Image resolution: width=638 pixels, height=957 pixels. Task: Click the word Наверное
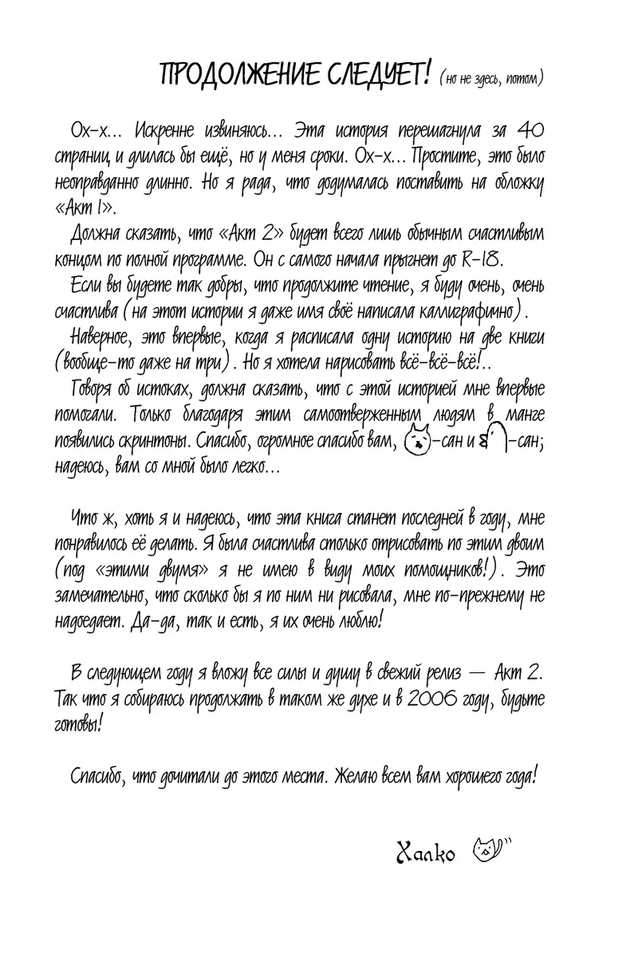(101, 335)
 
